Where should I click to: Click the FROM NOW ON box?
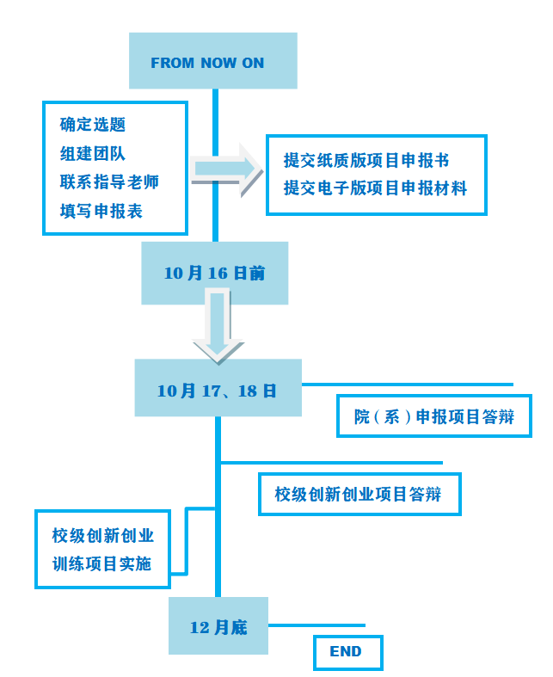(x=212, y=61)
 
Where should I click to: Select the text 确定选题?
(x=93, y=125)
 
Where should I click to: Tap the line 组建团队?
(x=93, y=154)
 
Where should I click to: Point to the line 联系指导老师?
(x=109, y=182)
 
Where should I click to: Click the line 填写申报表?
(x=101, y=211)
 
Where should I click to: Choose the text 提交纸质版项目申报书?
(x=366, y=161)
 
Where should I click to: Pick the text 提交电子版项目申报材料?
(x=375, y=188)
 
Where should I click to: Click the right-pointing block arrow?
(x=226, y=168)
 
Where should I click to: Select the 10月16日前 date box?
(x=214, y=274)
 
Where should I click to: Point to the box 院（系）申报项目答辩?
(x=434, y=417)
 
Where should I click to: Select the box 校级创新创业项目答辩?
(x=359, y=495)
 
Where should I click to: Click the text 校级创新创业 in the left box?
(x=103, y=536)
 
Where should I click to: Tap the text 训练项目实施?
(x=101, y=564)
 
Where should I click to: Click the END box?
(x=346, y=652)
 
